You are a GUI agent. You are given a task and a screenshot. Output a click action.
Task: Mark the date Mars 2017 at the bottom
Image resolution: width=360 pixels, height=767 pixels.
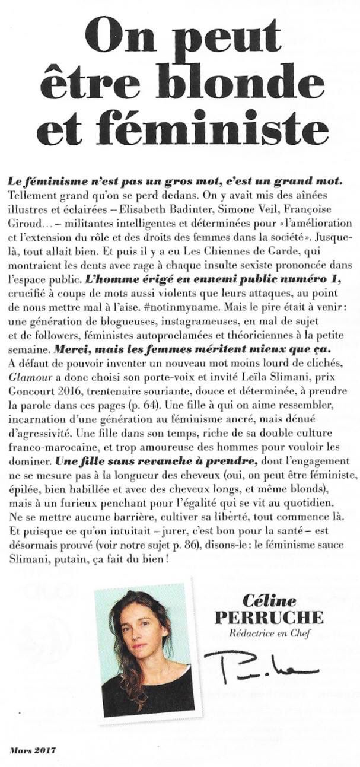33,750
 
